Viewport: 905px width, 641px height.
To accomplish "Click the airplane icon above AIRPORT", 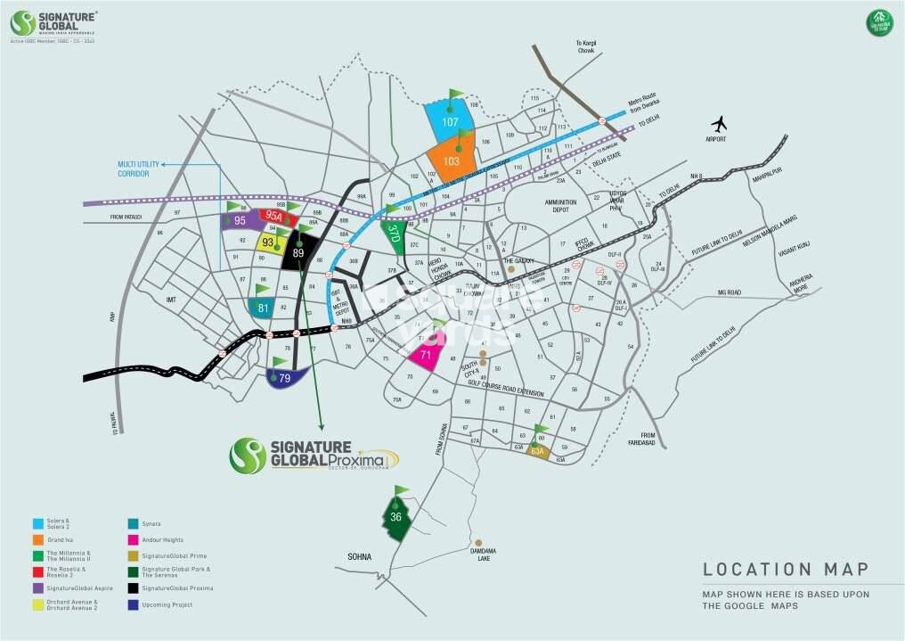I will pyautogui.click(x=718, y=123).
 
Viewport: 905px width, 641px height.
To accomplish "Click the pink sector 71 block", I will pyautogui.click(x=427, y=354).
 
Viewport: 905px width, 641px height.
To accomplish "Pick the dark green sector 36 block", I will pyautogui.click(x=396, y=517).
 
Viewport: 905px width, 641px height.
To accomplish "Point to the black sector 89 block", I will pyautogui.click(x=298, y=252).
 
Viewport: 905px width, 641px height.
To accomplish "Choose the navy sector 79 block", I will pyautogui.click(x=285, y=378).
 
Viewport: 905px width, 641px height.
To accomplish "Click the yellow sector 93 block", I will pyautogui.click(x=268, y=242).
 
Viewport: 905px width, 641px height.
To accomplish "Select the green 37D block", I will pyautogui.click(x=394, y=236).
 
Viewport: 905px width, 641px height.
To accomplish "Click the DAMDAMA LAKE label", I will pyautogui.click(x=479, y=555).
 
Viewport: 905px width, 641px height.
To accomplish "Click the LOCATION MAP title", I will pyautogui.click(x=785, y=569).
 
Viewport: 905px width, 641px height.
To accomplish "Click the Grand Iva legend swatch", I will pyautogui.click(x=37, y=539).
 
